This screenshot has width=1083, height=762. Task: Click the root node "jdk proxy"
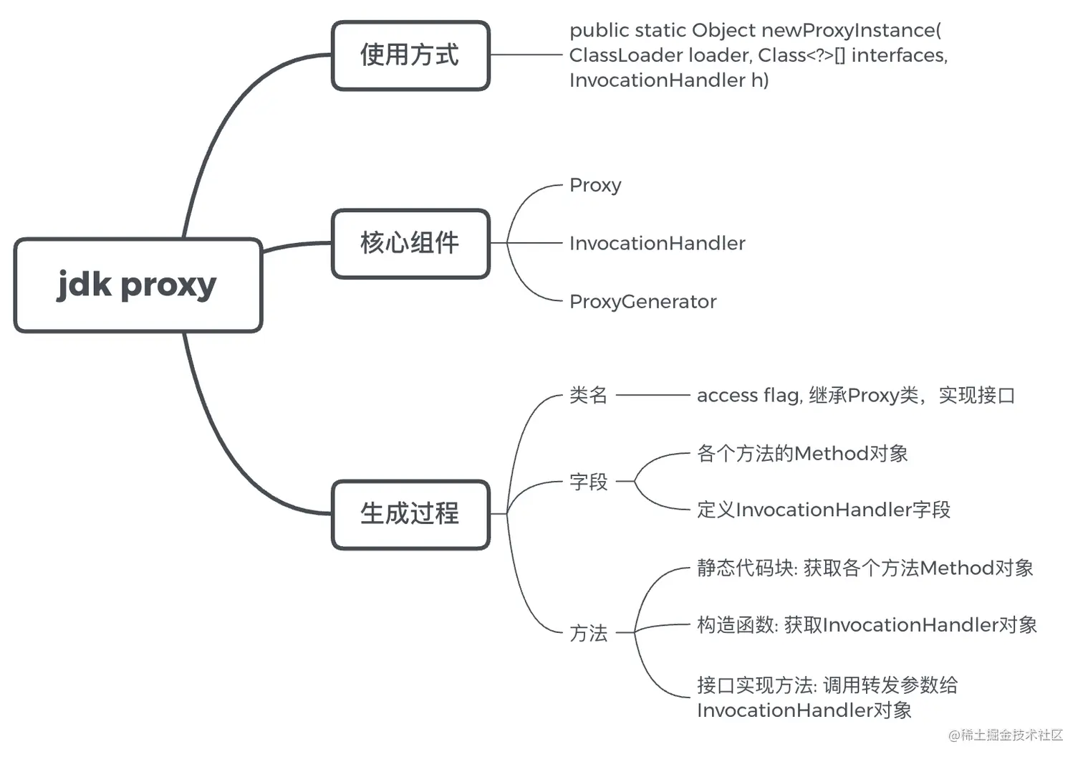point(138,285)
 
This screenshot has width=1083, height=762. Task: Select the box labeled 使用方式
point(410,55)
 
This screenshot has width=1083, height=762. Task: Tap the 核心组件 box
point(410,244)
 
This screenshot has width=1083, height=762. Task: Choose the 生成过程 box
point(410,514)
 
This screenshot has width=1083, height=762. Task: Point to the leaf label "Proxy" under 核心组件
point(595,185)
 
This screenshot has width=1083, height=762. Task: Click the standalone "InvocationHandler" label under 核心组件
point(657,244)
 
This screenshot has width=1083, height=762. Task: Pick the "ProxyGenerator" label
point(642,302)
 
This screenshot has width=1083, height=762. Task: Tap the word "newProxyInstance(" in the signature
point(851,30)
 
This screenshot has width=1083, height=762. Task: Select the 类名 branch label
point(588,395)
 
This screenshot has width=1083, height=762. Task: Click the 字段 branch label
point(588,482)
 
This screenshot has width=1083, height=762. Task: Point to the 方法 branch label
point(588,633)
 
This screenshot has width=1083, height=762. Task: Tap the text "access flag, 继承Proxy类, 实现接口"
point(855,395)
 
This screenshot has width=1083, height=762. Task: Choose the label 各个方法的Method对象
point(802,454)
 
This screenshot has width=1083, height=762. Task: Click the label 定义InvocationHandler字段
point(824,510)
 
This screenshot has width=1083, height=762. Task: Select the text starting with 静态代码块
point(865,568)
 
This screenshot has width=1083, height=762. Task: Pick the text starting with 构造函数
point(867,625)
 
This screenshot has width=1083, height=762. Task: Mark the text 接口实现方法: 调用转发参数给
point(827,685)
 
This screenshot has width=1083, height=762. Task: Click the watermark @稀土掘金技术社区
point(1006,735)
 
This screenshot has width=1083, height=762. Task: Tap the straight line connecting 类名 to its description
point(652,395)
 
